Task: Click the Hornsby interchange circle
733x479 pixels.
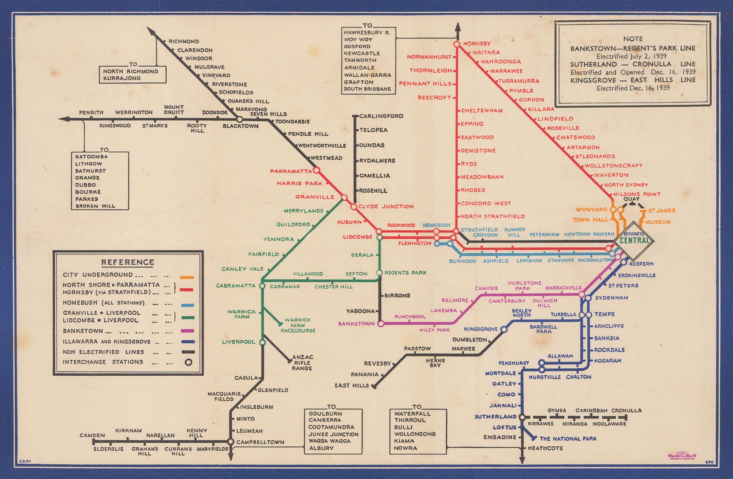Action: [457, 44]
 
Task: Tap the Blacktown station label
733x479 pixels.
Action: [240, 126]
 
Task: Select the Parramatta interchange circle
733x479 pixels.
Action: [316, 170]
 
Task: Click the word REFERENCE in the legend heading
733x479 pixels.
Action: [128, 262]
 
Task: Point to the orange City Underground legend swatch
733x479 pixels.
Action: [187, 277]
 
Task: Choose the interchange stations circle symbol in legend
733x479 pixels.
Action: [188, 362]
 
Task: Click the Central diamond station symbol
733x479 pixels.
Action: [634, 240]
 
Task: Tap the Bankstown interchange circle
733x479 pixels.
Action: [381, 323]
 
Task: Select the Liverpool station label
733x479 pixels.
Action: [238, 342]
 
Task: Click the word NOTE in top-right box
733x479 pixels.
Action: [633, 39]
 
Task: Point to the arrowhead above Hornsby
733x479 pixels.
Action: [457, 27]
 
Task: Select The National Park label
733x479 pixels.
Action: [568, 439]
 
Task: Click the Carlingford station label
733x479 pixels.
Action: [381, 116]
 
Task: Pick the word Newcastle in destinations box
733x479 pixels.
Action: [361, 53]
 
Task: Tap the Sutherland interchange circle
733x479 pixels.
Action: [522, 417]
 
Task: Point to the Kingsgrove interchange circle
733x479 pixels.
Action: [504, 329]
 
